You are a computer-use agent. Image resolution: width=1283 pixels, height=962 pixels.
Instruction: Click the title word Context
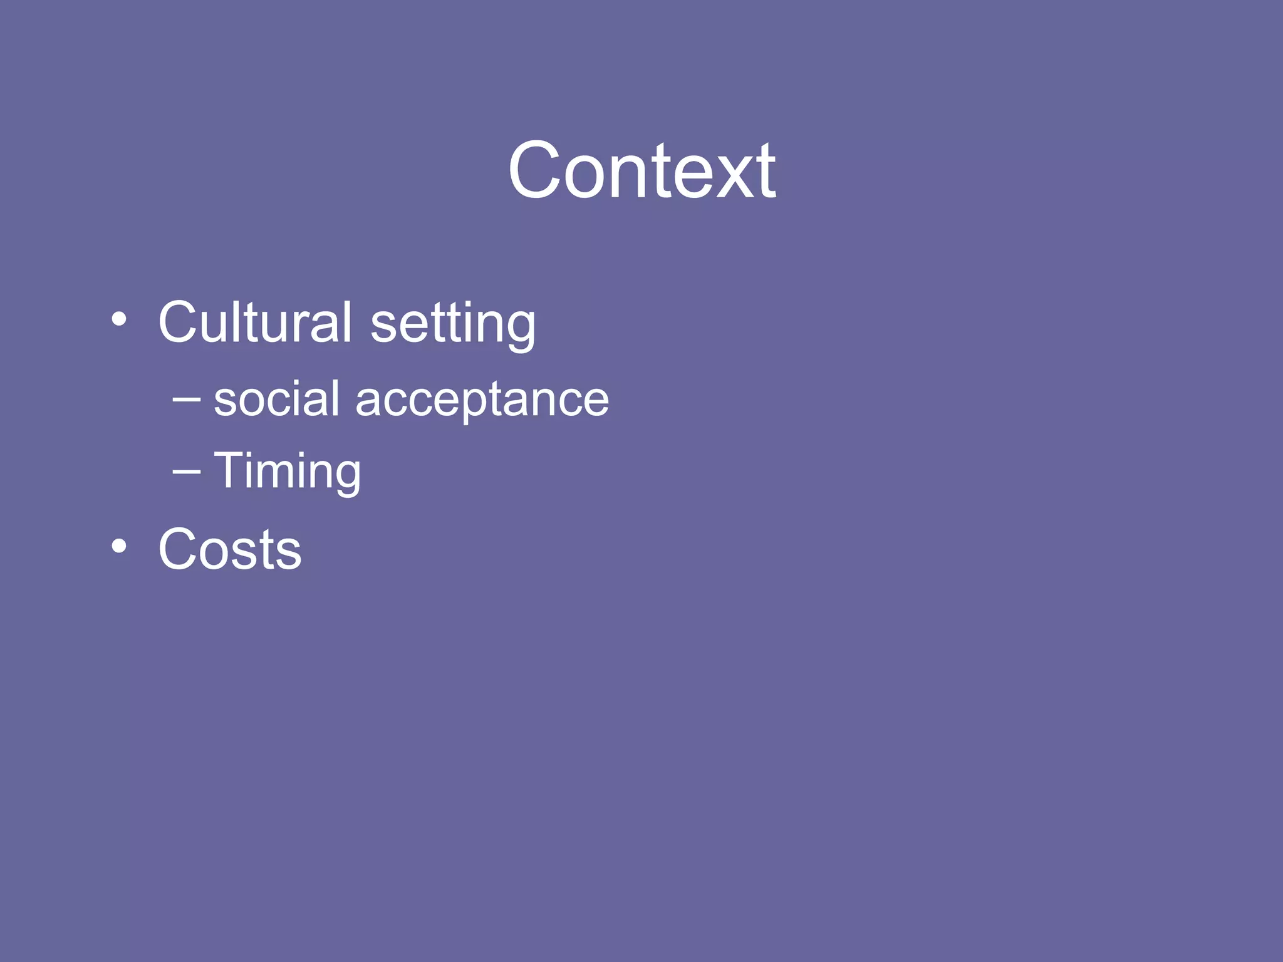tap(641, 170)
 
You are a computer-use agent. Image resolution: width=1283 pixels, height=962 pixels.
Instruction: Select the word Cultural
tap(255, 322)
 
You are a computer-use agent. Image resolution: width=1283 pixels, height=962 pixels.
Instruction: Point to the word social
tap(276, 398)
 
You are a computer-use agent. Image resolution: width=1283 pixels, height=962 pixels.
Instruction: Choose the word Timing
tap(288, 471)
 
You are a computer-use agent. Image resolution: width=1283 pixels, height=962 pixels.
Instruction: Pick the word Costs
tap(230, 549)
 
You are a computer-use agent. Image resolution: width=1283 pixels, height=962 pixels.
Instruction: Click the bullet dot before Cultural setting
tap(118, 320)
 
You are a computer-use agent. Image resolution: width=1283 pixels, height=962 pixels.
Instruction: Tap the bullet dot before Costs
tap(118, 546)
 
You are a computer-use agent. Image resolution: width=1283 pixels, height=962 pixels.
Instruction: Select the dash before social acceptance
tap(187, 399)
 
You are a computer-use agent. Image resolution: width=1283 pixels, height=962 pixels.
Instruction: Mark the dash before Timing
tap(187, 471)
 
